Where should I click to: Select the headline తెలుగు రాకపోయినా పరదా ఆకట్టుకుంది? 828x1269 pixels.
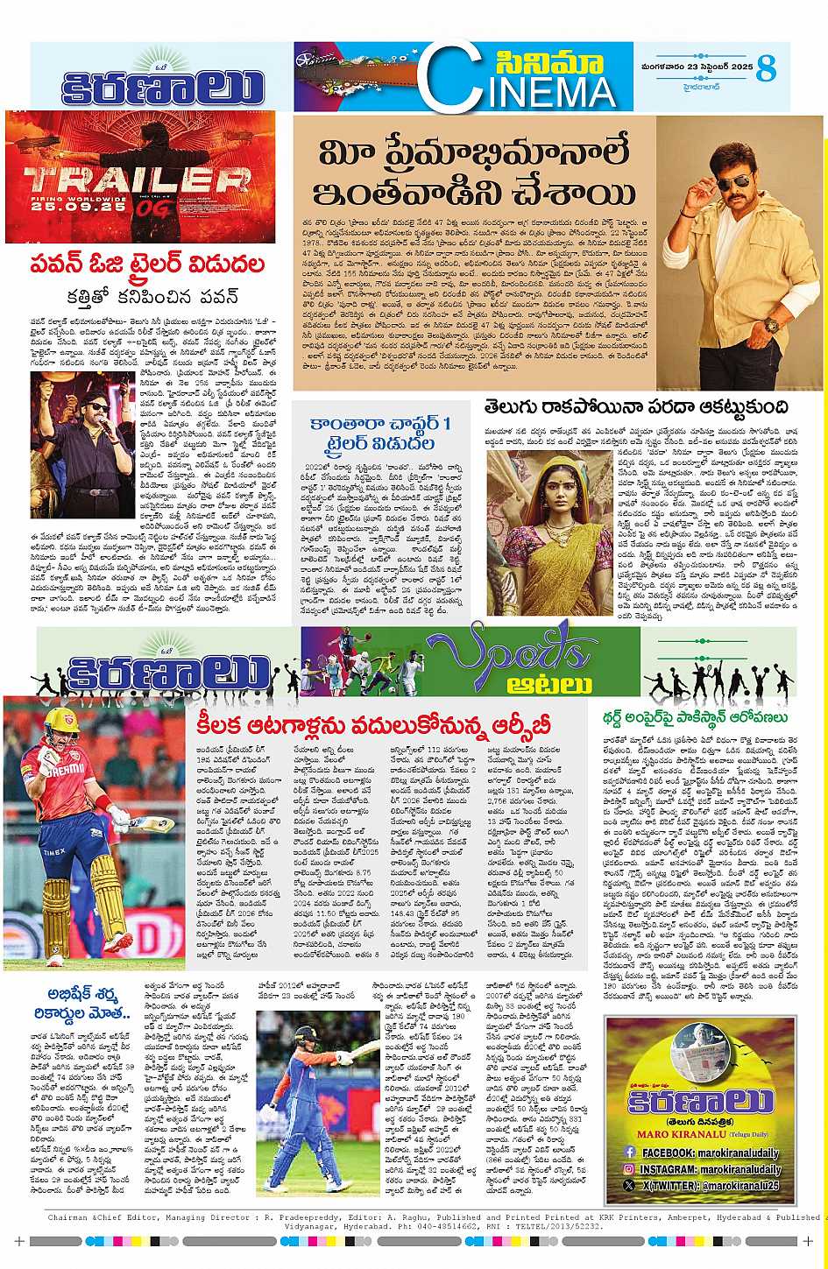(x=635, y=407)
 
